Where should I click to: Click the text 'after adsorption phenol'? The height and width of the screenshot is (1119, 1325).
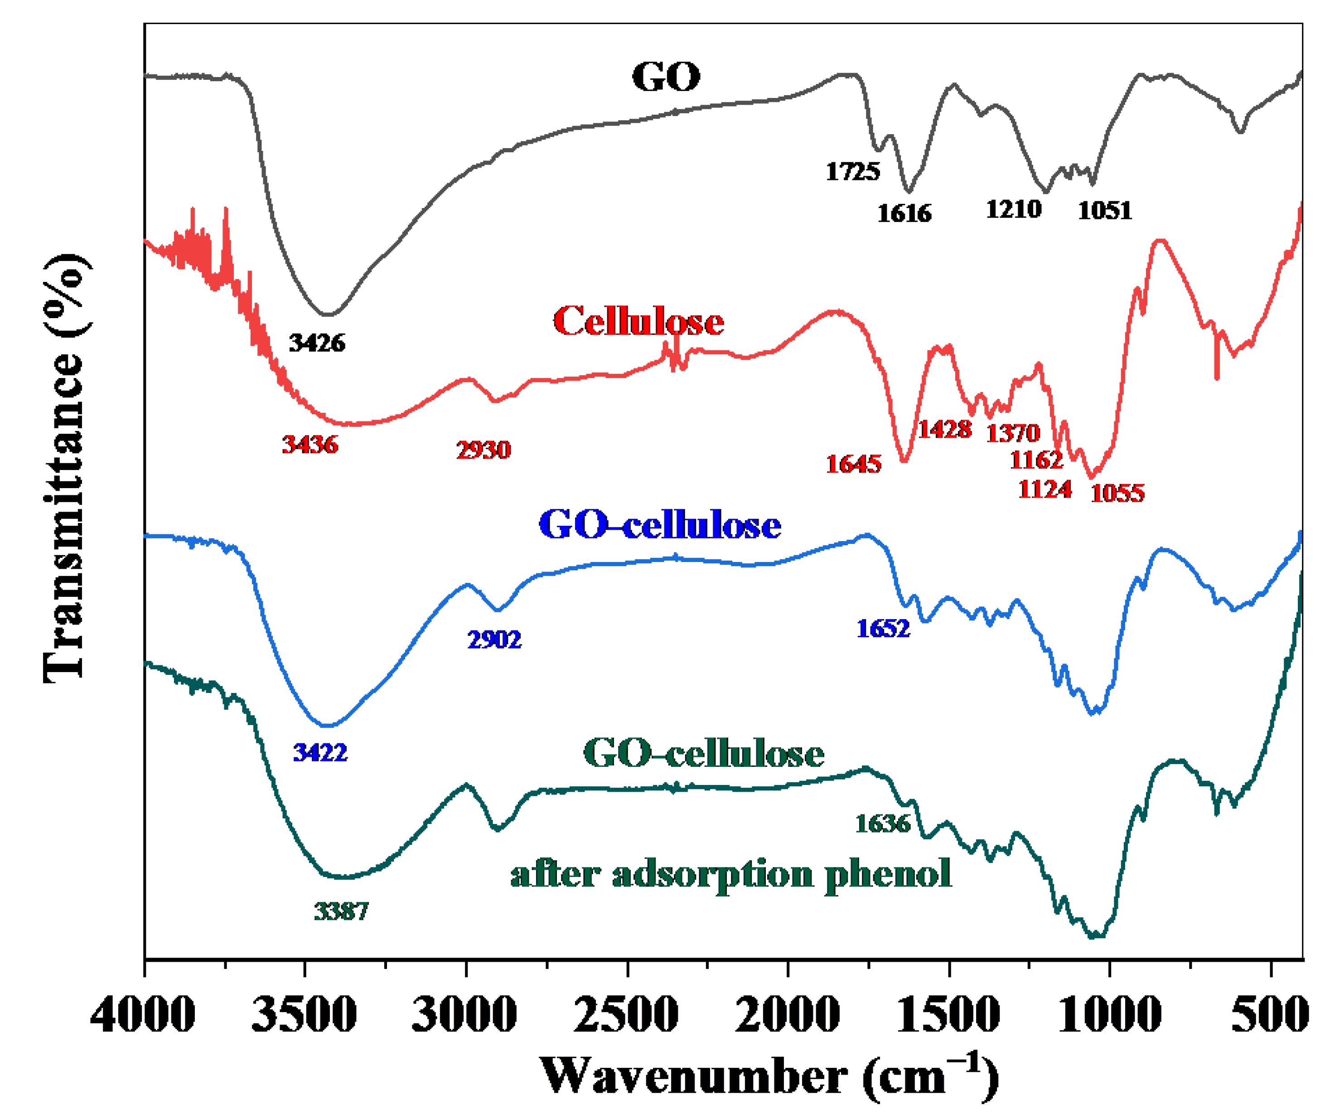tap(730, 875)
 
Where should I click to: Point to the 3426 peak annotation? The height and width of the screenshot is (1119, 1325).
tap(317, 343)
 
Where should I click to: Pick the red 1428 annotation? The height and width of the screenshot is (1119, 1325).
tap(944, 430)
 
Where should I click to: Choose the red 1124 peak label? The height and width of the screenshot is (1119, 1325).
tap(1045, 489)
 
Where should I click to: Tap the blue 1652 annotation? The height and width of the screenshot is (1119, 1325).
tap(883, 629)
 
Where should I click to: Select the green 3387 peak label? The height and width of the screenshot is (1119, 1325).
tap(341, 911)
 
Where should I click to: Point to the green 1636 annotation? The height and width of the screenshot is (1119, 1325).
tap(883, 824)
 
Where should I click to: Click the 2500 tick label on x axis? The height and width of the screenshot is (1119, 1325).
tap(626, 1014)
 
